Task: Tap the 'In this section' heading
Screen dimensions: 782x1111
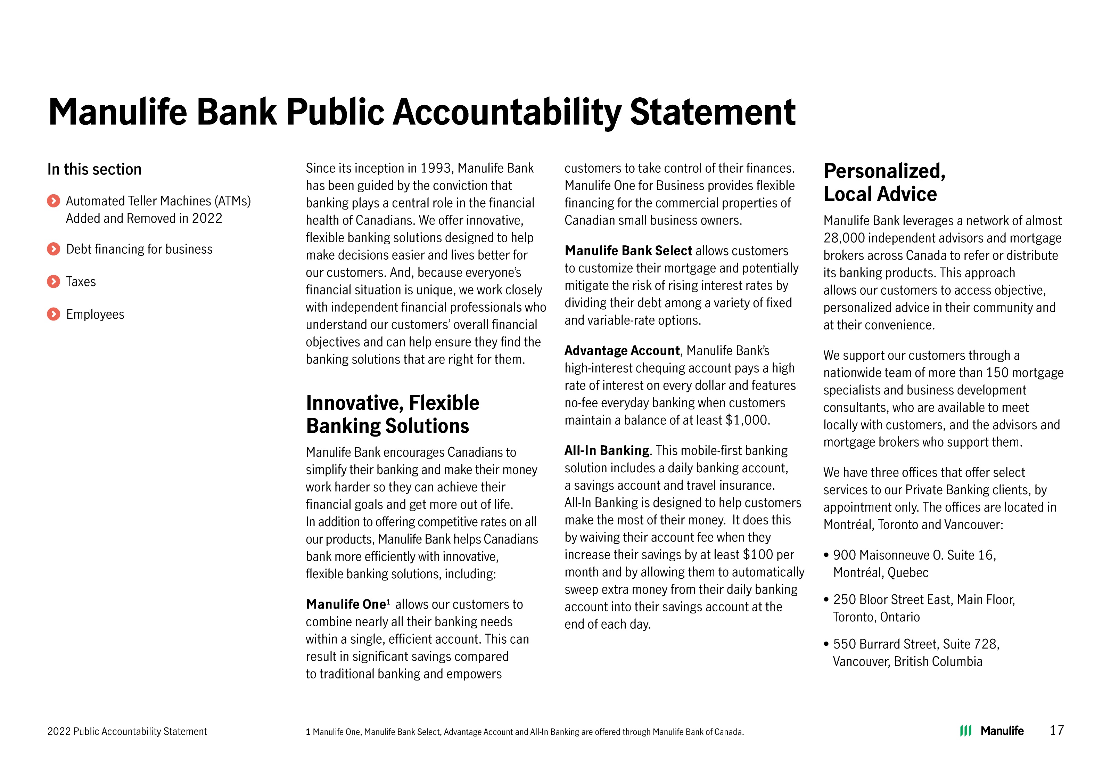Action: (x=94, y=170)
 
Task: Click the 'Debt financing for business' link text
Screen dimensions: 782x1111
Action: (x=139, y=249)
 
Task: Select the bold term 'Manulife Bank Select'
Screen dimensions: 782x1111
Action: (x=628, y=251)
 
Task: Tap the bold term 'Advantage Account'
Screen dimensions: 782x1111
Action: (x=622, y=351)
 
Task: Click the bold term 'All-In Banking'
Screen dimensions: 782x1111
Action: (x=606, y=451)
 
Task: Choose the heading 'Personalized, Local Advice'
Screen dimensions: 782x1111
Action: (x=884, y=182)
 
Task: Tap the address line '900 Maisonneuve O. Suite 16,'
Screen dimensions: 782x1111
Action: (x=914, y=555)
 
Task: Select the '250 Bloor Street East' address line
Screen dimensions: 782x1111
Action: (x=923, y=600)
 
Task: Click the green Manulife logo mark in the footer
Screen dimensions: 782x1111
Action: (x=965, y=731)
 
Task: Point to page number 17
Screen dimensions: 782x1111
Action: (x=1056, y=730)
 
